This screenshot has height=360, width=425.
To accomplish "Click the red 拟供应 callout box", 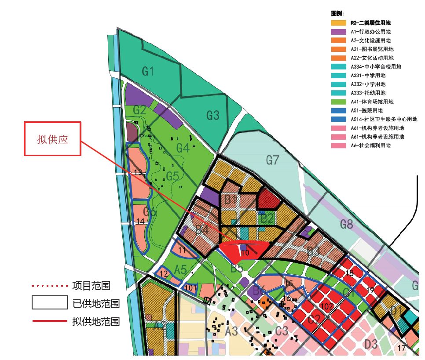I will (52, 138).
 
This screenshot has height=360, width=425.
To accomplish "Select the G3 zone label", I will (212, 115).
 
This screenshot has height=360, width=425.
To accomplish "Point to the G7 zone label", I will (272, 160).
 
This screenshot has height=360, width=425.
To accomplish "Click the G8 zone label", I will (346, 224).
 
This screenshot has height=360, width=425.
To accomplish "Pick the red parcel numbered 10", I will (245, 252).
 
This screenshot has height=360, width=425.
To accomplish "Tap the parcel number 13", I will (138, 173).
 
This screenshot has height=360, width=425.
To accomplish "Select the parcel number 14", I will (140, 221).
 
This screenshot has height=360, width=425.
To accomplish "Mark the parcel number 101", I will (191, 288).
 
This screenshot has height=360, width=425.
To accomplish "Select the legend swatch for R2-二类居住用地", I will (338, 22).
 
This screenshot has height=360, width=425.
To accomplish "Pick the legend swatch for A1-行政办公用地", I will (338, 31).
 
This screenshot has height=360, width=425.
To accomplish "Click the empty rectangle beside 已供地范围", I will (49, 303).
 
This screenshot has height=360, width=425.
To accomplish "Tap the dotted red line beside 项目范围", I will (49, 286).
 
